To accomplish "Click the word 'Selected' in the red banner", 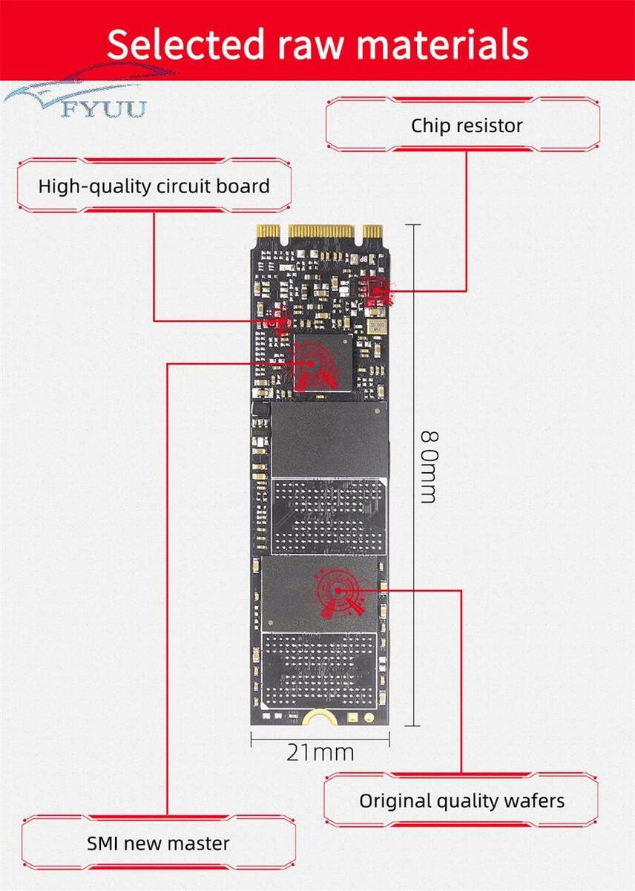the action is [x=185, y=44].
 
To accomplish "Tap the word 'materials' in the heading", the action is [x=442, y=44].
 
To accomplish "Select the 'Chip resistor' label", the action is [x=467, y=125].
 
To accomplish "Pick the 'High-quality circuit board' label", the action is [x=154, y=186].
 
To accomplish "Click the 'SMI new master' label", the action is [x=158, y=843].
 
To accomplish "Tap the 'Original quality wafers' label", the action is [x=461, y=800].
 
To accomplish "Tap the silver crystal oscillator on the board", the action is [x=376, y=327].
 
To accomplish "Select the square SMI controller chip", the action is [x=323, y=363].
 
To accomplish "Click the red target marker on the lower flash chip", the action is [x=338, y=591].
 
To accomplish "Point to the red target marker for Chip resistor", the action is [x=377, y=292].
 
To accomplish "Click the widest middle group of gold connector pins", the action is [x=321, y=231].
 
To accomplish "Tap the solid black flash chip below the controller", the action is [x=329, y=440].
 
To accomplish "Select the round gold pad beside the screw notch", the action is [x=369, y=717].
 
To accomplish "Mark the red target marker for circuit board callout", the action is [x=281, y=320].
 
